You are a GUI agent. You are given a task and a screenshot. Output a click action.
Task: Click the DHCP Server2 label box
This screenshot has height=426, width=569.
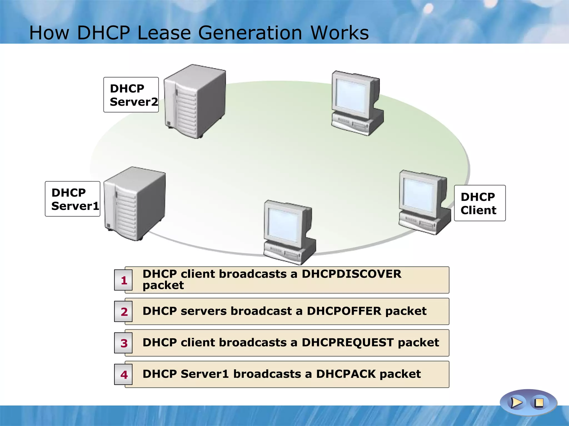(x=131, y=95)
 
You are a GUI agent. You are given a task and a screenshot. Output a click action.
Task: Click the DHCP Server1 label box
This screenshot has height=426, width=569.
(x=73, y=199)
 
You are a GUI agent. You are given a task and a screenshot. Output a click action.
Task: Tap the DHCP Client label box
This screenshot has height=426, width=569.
(x=480, y=203)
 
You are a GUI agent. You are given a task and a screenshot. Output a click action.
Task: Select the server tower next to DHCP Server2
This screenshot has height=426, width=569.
(x=194, y=101)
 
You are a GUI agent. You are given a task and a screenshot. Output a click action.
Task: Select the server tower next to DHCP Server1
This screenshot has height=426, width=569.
(x=135, y=204)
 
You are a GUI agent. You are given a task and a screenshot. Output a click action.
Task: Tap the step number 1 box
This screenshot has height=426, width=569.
(x=123, y=280)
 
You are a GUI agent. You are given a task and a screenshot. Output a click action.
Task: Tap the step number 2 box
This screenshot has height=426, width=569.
(x=123, y=311)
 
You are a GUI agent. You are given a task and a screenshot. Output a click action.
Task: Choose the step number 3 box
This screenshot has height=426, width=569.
(x=123, y=343)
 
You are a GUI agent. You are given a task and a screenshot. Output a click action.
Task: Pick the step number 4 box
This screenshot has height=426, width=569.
(x=123, y=374)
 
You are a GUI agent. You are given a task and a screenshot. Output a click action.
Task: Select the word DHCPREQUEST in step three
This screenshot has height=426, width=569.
(x=348, y=343)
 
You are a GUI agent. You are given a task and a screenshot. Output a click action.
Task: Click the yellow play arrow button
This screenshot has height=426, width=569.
(x=516, y=402)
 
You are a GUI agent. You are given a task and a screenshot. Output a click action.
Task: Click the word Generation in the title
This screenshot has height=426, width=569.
(x=250, y=33)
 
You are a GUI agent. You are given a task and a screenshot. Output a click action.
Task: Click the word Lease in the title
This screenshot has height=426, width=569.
(x=164, y=33)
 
